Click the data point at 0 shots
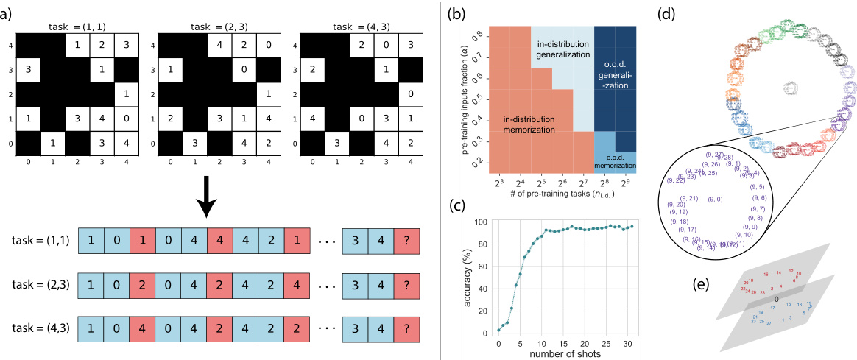pos(498,330)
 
